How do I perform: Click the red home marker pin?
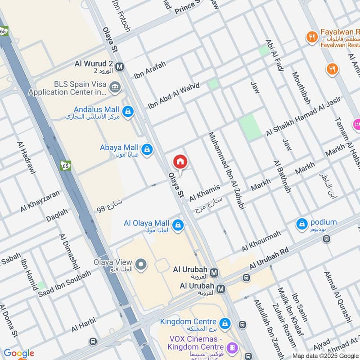[180, 162]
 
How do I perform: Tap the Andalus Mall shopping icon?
[128, 111]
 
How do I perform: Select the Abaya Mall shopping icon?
[146, 149]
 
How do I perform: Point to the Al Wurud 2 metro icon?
[119, 67]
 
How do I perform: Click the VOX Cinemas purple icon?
[232, 347]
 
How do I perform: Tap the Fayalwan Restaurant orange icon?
[312, 37]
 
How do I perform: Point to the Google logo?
[19, 353]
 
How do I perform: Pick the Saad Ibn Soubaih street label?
[64, 283]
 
